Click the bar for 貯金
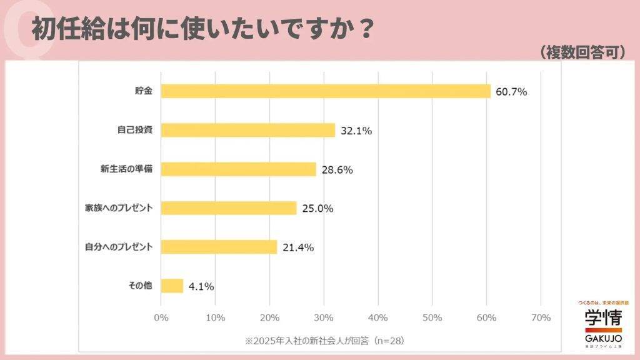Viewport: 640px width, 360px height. coord(326,91)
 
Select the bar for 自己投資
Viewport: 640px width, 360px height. coord(248,130)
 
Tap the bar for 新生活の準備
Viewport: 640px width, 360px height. coord(239,169)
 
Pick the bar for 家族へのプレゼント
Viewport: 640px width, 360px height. coord(229,208)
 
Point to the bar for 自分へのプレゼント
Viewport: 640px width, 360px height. coord(219,247)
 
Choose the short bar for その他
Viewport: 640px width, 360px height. coord(172,286)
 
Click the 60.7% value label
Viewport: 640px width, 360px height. coord(511,92)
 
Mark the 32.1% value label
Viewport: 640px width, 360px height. coord(356,131)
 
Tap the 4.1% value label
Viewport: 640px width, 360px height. coord(201,287)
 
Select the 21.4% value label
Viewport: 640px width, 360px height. coord(298,247)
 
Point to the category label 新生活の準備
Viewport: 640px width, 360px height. coord(126,169)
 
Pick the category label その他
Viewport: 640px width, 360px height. coord(141,286)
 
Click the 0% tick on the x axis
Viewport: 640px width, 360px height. coord(161,317)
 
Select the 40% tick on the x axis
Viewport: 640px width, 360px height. coord(378,317)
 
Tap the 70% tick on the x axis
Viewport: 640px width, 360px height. coord(541,317)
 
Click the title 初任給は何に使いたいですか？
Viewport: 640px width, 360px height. coord(203,30)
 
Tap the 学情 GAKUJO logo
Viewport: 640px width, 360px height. coord(603,324)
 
